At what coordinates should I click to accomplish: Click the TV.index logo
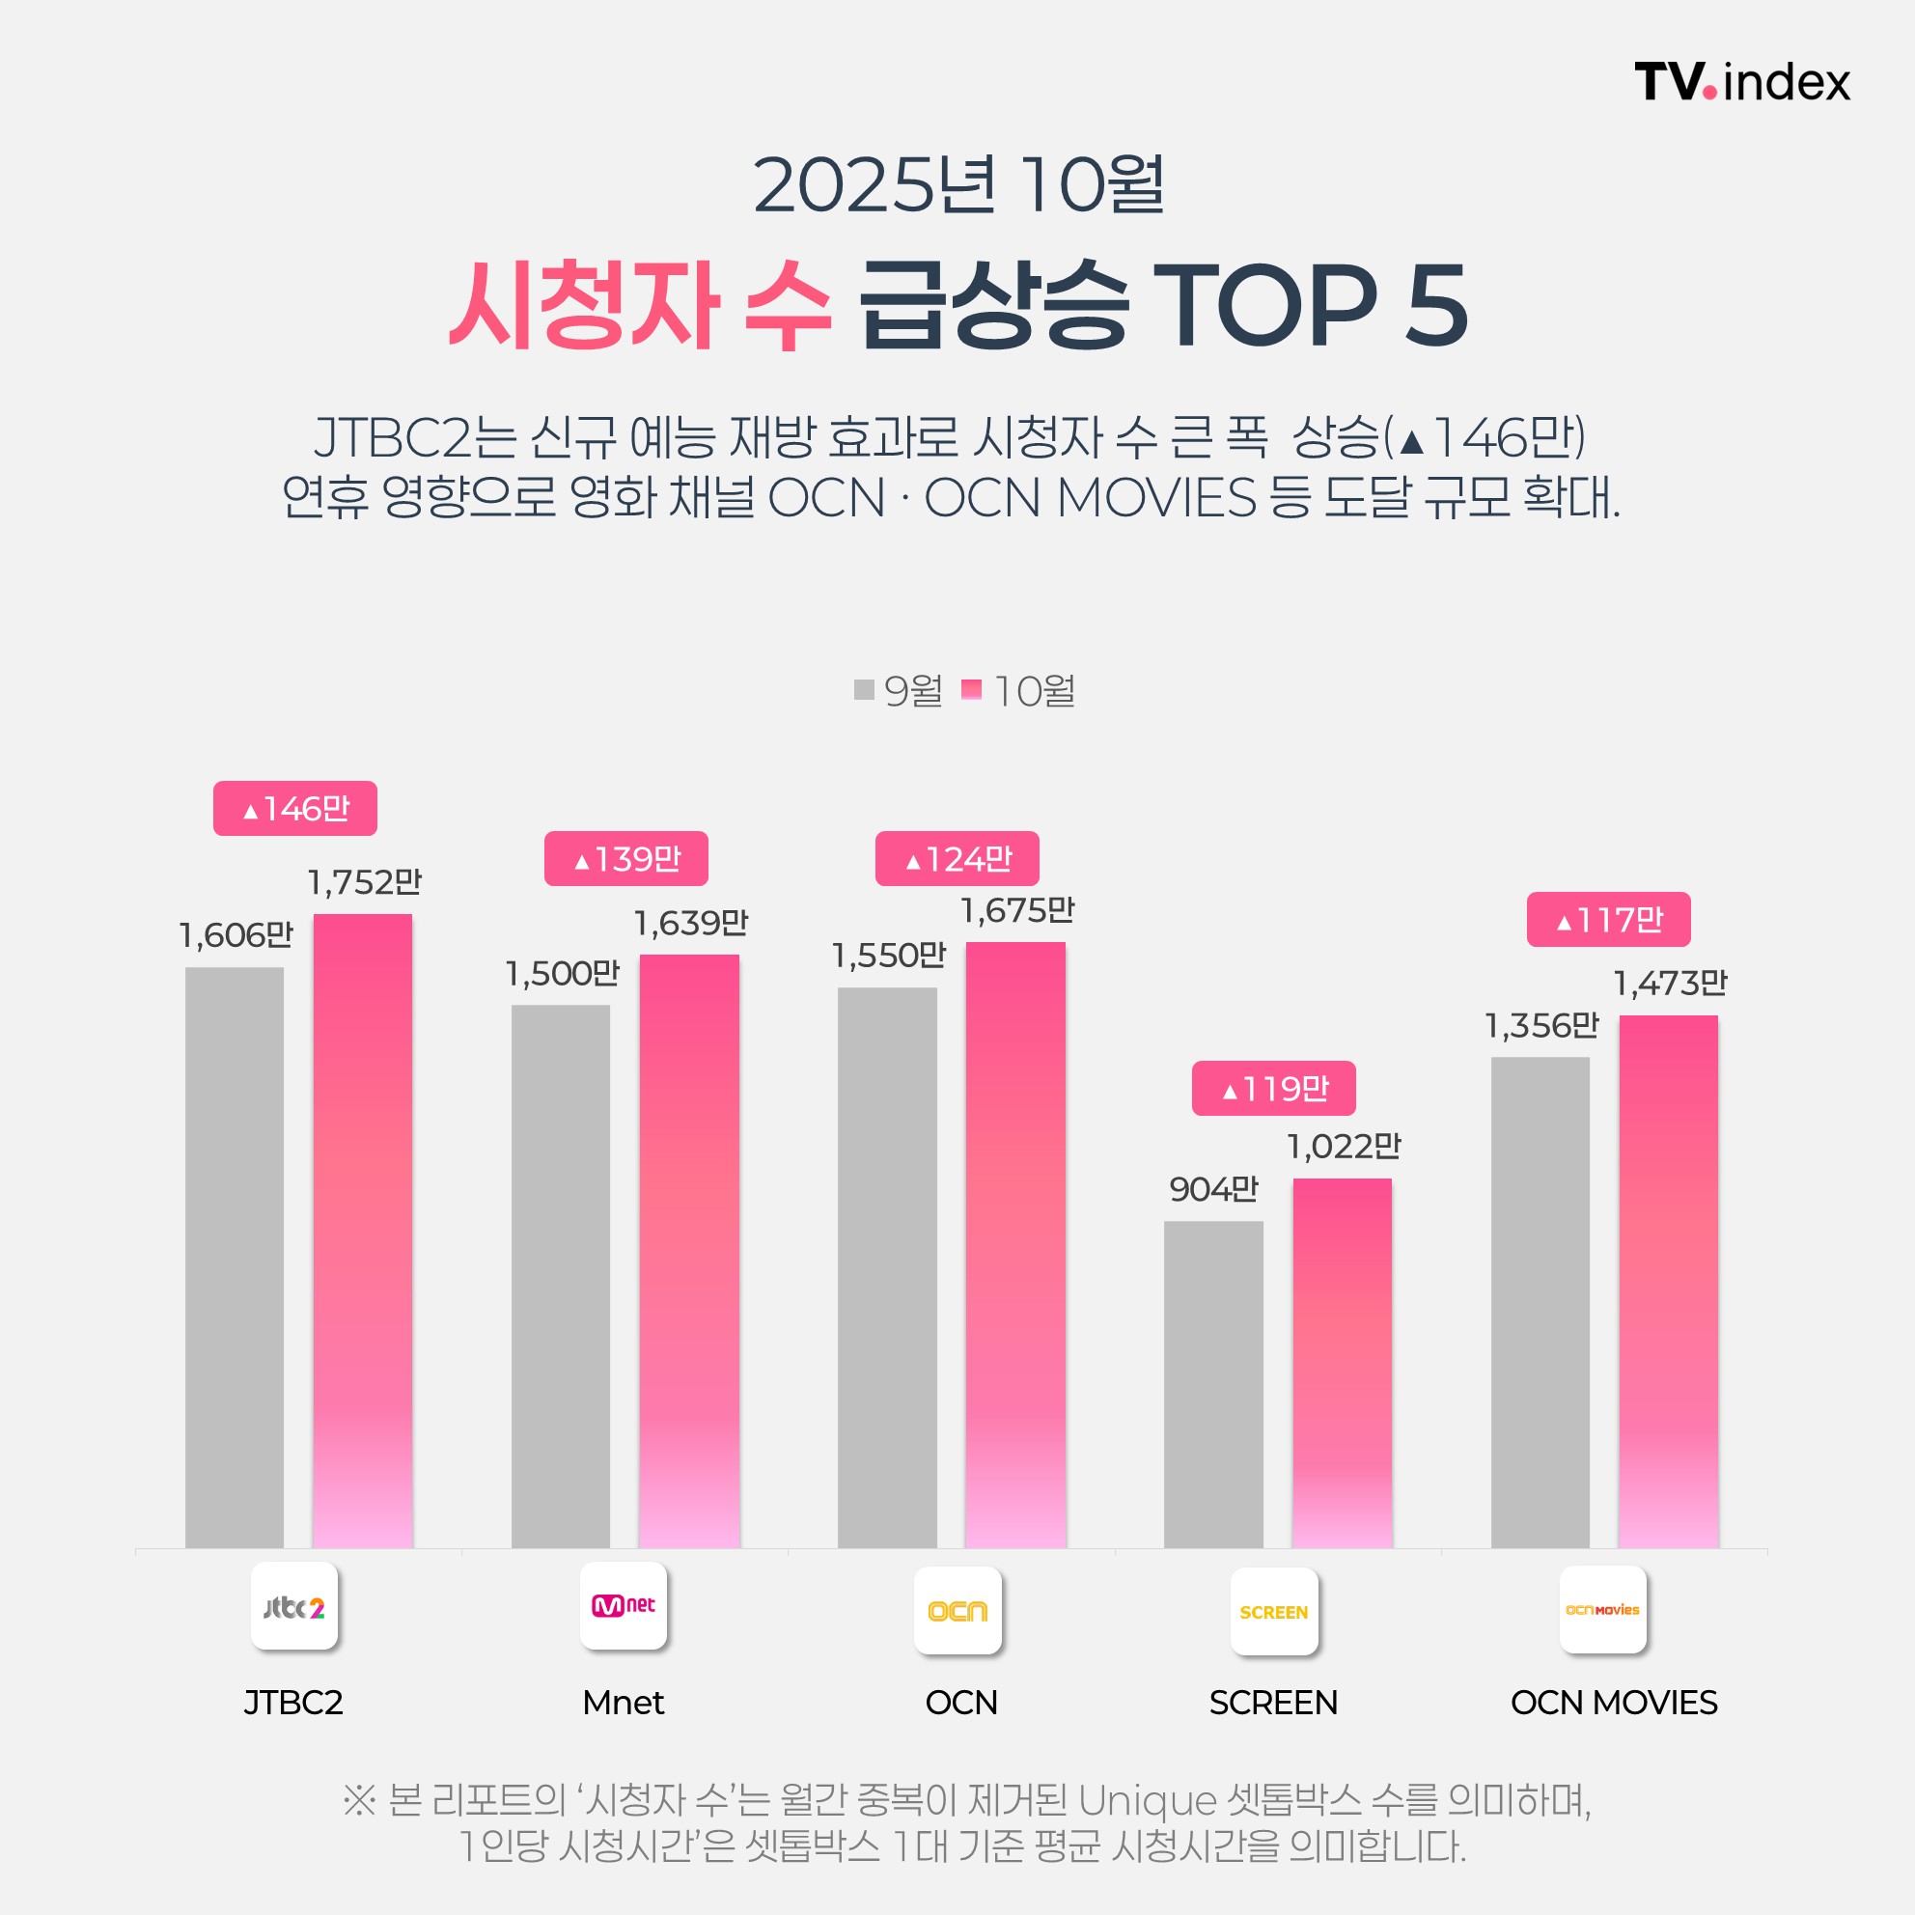point(1741,81)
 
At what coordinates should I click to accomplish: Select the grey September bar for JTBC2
point(234,1257)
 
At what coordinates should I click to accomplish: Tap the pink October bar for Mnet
point(689,1251)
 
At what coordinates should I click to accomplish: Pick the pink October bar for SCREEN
point(1342,1363)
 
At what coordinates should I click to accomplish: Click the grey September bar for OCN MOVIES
point(1540,1301)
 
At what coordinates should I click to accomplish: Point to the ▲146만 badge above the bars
point(295,809)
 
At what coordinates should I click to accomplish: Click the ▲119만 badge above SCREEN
point(1273,1090)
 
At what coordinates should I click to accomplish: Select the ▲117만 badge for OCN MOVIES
point(1608,920)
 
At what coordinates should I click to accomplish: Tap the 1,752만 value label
point(364,882)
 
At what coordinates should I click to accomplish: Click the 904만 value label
point(1213,1188)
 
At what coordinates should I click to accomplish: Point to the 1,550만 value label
point(888,956)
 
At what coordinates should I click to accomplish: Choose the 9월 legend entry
point(899,691)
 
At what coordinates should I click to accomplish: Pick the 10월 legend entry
point(1019,691)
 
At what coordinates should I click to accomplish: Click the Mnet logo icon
point(624,1606)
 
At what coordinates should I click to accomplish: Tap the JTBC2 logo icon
point(294,1607)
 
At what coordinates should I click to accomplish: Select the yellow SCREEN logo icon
point(1274,1612)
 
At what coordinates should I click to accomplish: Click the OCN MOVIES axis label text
point(1614,1703)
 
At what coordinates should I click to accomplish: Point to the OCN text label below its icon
point(961,1703)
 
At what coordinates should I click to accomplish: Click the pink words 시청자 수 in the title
point(639,305)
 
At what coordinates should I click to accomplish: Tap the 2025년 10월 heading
point(957,185)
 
